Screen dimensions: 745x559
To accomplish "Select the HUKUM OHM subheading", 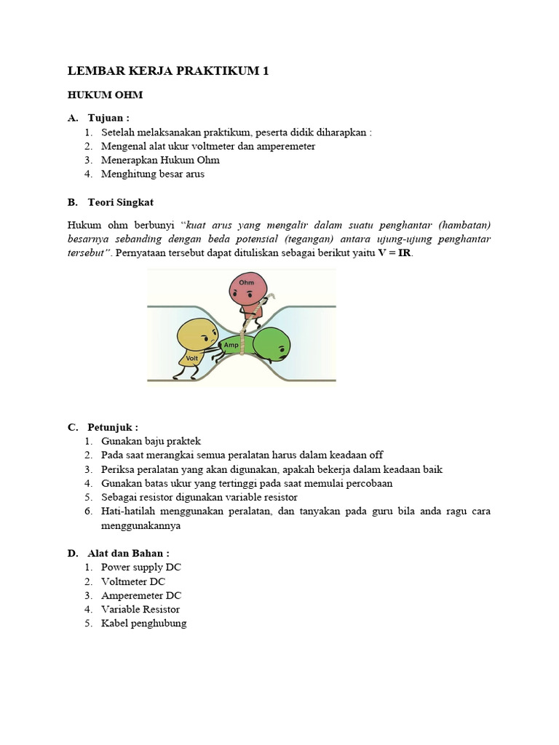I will point(105,95).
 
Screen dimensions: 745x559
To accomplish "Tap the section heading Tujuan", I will point(108,118).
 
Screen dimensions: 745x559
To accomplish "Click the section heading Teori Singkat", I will point(120,202).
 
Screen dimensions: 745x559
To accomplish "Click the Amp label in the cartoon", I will point(231,344).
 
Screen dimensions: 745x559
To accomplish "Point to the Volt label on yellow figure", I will point(192,358).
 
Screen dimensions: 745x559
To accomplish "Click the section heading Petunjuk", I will point(113,426).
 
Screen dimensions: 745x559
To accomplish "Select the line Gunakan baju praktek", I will point(151,441).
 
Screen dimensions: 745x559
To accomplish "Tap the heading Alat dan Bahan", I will point(128,553).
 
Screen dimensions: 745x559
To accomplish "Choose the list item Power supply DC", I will point(141,567).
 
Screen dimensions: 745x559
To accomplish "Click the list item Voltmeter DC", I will point(133,581).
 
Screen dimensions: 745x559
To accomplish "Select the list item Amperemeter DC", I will point(141,595).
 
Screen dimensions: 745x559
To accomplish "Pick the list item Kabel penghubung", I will point(143,624).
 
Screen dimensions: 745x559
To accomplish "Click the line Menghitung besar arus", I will point(153,174).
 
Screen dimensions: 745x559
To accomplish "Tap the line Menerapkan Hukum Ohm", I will point(160,160).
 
